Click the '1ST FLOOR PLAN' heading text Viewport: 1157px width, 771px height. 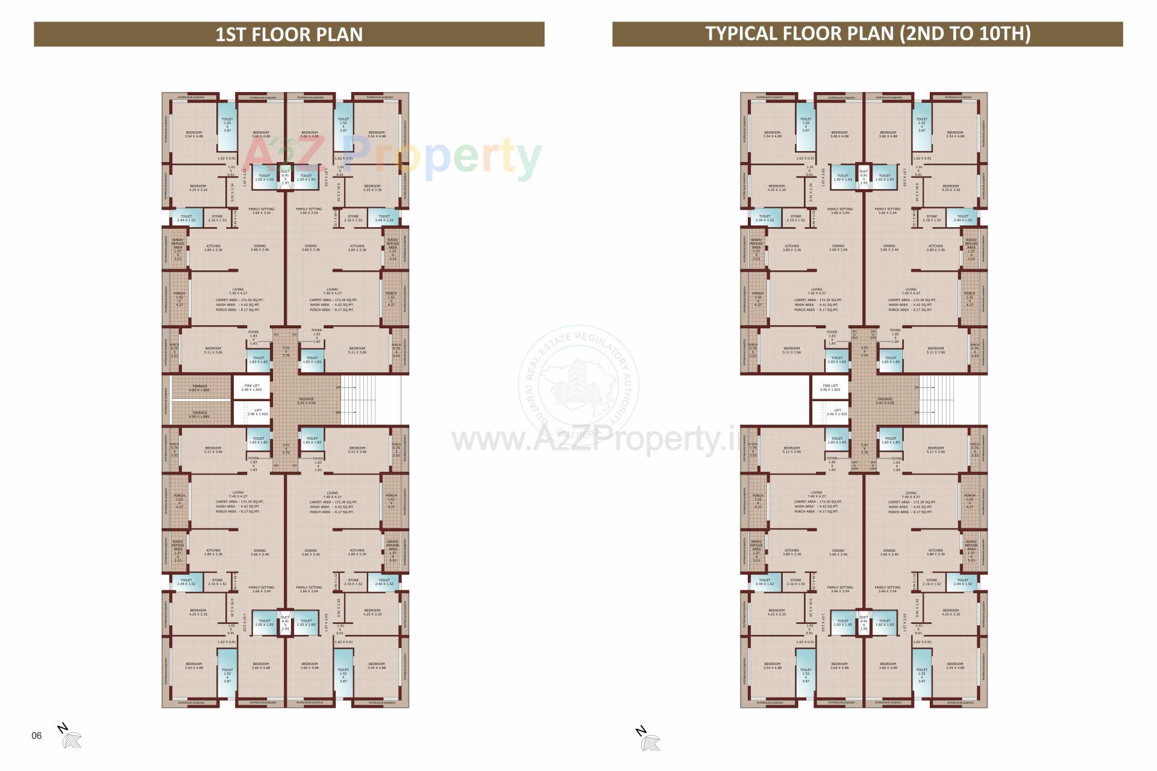tap(289, 34)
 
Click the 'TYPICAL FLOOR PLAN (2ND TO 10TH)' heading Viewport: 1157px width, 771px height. tap(868, 33)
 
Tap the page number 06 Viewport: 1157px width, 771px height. tap(37, 735)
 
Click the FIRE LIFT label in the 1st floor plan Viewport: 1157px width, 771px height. tap(251, 388)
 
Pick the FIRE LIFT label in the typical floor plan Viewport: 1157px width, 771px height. tap(830, 388)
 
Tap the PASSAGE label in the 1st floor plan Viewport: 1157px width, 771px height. tap(306, 401)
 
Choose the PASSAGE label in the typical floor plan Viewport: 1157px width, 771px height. tap(885, 401)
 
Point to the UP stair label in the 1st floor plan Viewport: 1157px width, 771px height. tap(338, 388)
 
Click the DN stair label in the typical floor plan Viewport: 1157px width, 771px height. tap(917, 413)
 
